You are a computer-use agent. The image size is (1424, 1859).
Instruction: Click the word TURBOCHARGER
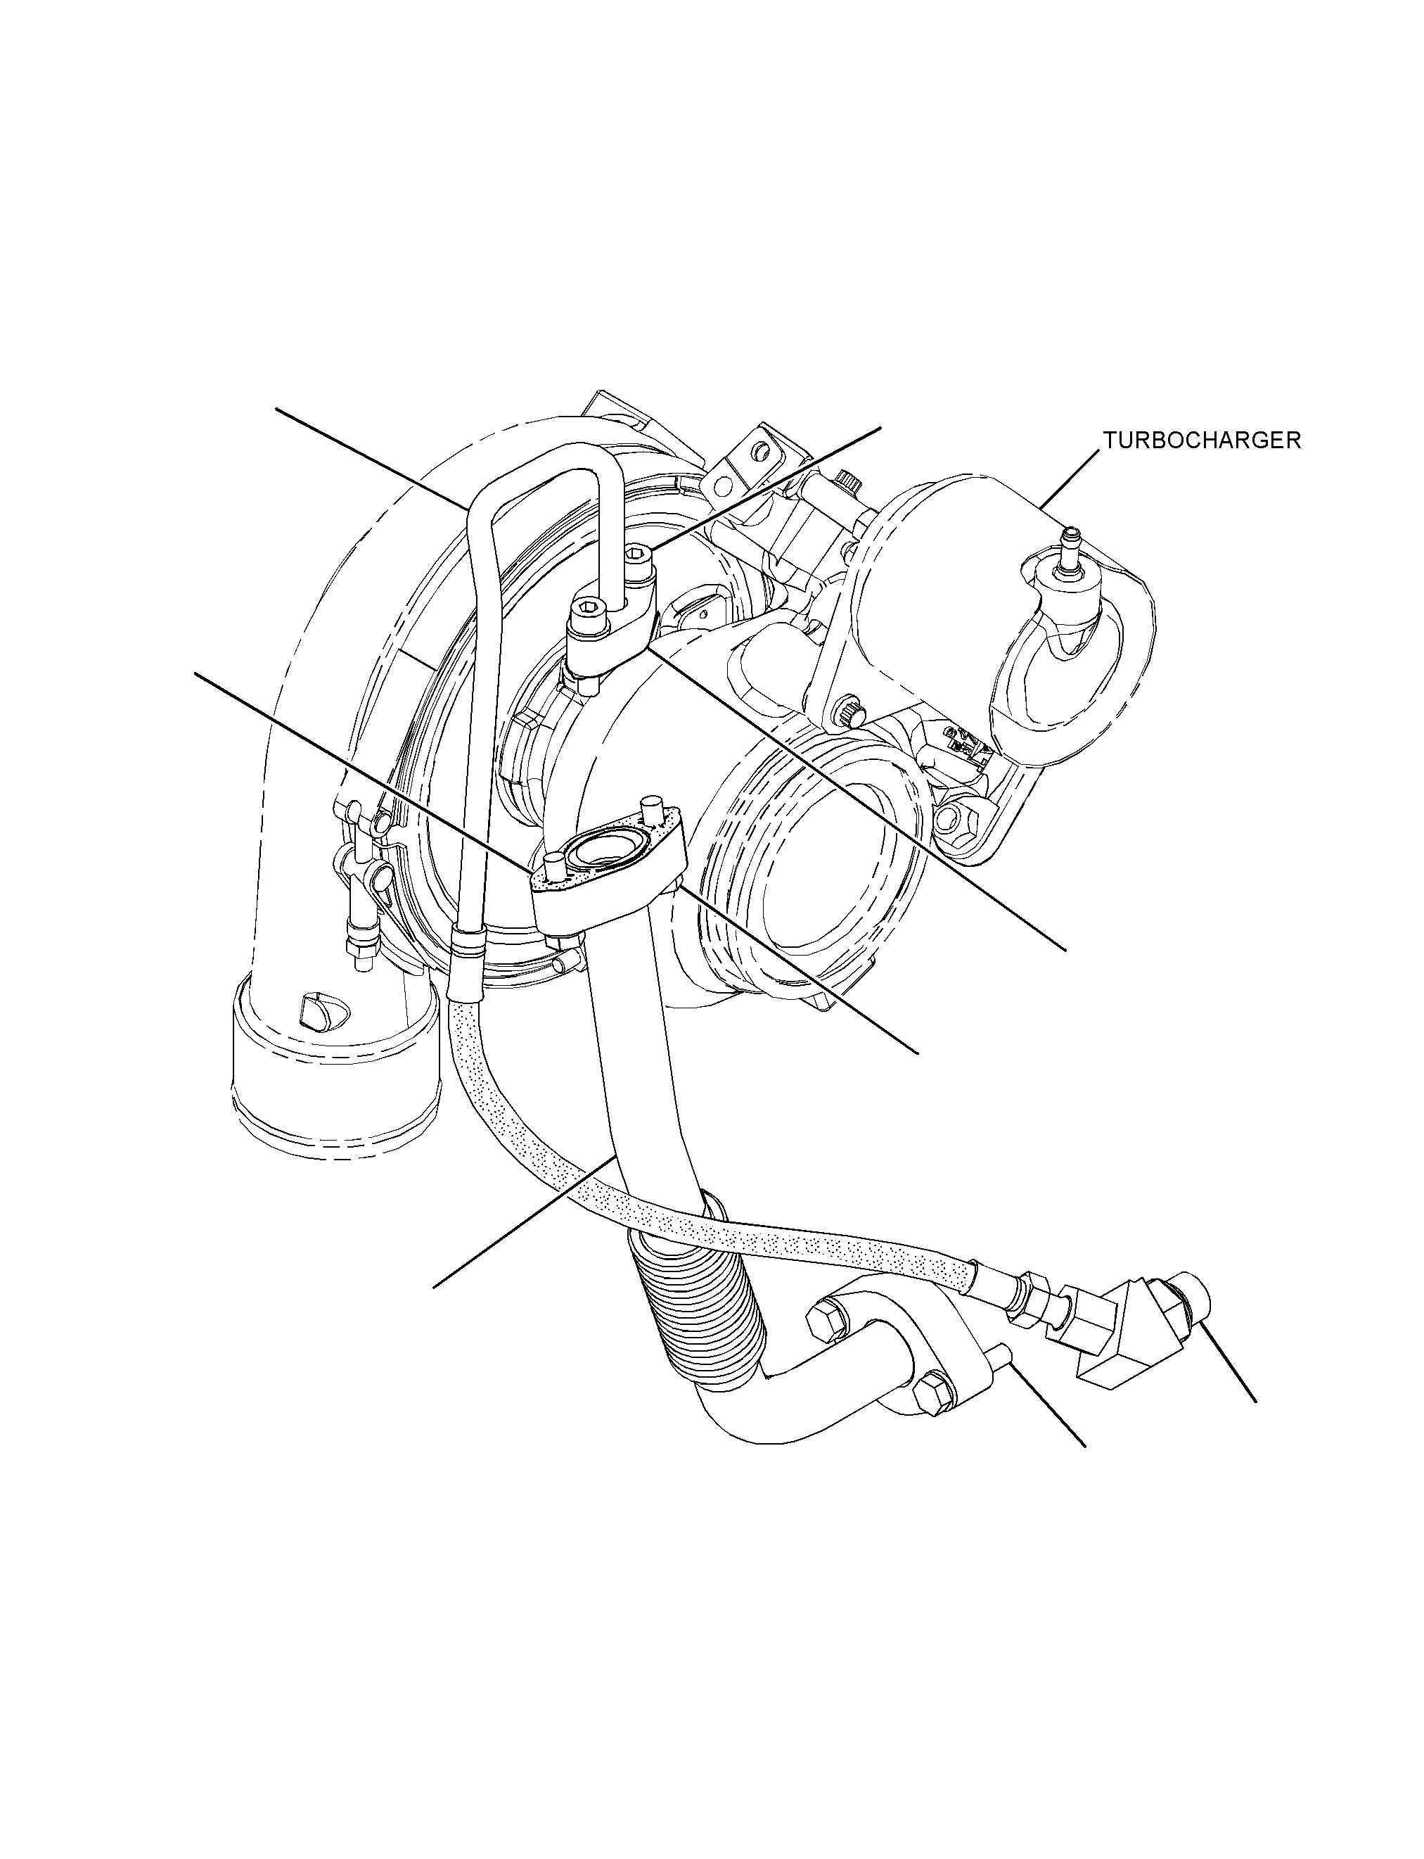(x=1201, y=440)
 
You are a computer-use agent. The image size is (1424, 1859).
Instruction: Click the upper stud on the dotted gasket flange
(x=652, y=809)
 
